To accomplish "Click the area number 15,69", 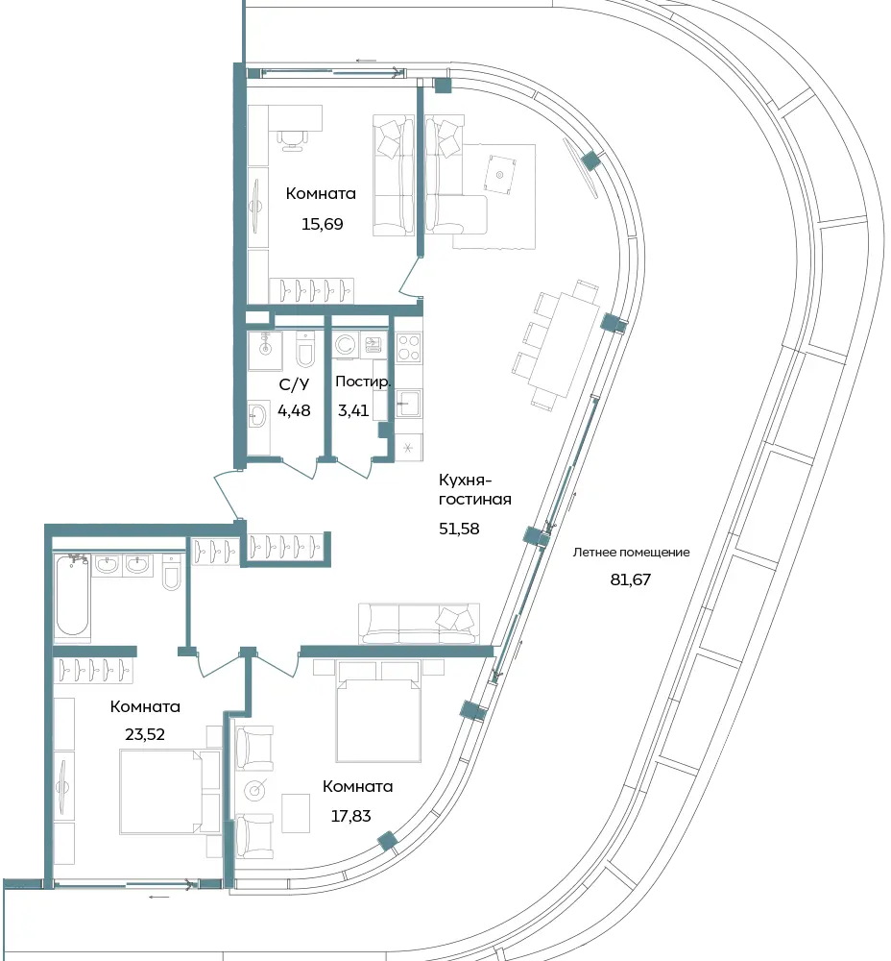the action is (322, 224).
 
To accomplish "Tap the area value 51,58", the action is (459, 529).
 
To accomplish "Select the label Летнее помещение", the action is (632, 553).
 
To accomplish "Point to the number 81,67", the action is (631, 579).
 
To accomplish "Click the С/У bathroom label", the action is (294, 385).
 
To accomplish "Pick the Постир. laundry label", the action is (363, 382).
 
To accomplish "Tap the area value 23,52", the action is (145, 734).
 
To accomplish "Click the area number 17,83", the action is (350, 816).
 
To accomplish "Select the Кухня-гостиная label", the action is (475, 489).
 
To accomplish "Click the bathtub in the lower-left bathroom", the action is (72, 595).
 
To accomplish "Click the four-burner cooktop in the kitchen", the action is (408, 348).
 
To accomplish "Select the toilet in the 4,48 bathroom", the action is (305, 351).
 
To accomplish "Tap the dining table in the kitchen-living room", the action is (564, 346).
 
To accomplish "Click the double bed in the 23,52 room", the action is (161, 791).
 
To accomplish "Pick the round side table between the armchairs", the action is (254, 791).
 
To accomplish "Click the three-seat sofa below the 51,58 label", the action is (419, 624).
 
